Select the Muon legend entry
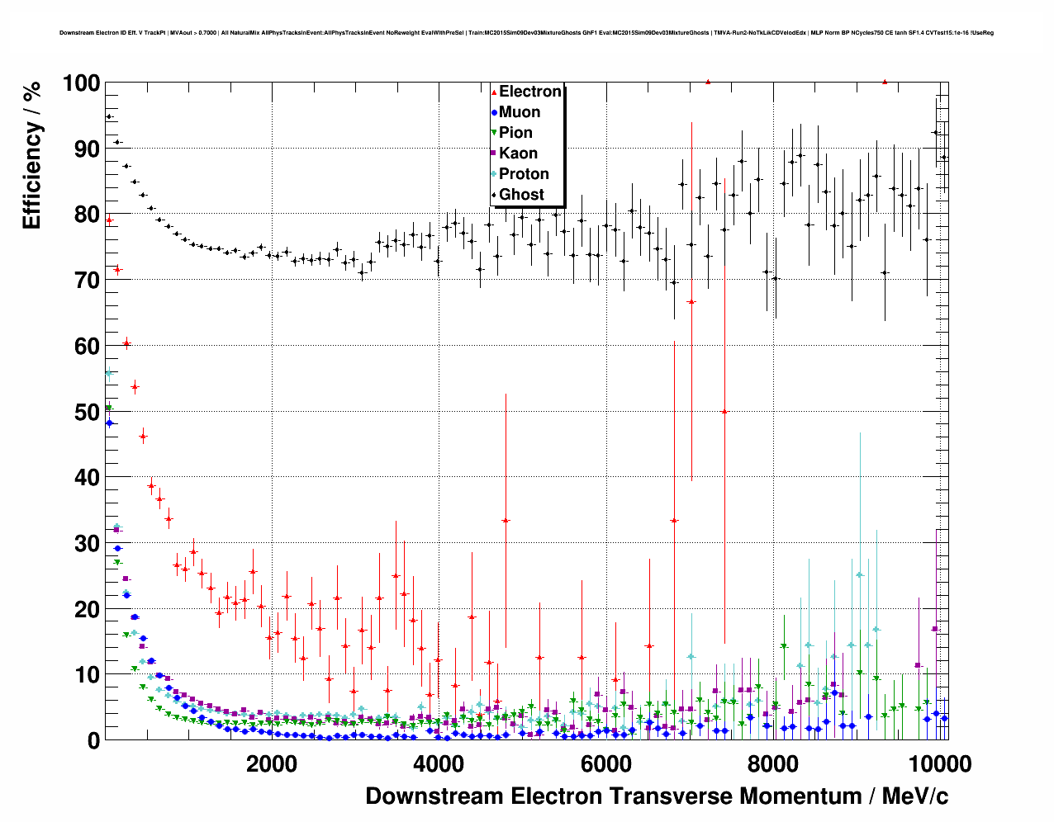(x=519, y=112)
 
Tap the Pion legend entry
(x=515, y=133)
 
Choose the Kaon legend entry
(x=518, y=154)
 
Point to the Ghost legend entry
(x=521, y=195)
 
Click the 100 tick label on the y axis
(x=80, y=83)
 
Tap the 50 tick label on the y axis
(x=86, y=412)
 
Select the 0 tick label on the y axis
(x=93, y=741)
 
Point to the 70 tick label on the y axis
(x=86, y=281)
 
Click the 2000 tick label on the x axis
(x=272, y=763)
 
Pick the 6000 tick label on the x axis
(x=605, y=763)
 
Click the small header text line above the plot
(x=526, y=33)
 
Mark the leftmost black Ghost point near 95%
(x=108, y=116)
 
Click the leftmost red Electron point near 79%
(x=108, y=220)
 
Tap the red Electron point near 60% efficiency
(x=126, y=343)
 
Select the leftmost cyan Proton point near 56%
(x=108, y=373)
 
